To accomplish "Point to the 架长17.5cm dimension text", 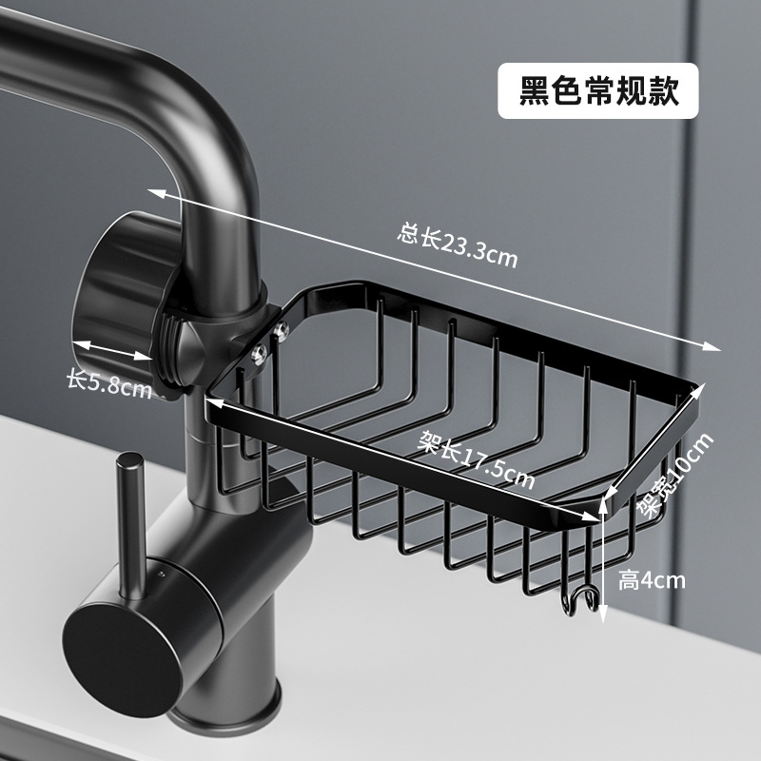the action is tap(477, 460).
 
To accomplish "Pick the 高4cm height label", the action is tap(651, 579).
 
